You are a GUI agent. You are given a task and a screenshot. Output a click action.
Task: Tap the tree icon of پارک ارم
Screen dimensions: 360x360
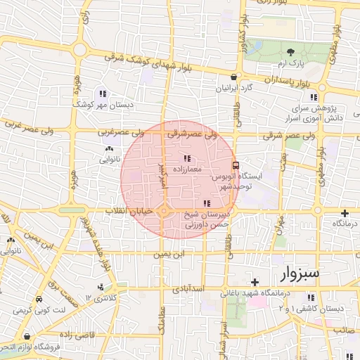pyautogui.click(x=290, y=51)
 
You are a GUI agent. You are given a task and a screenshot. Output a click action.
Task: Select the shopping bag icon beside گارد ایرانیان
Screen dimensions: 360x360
pyautogui.click(x=234, y=77)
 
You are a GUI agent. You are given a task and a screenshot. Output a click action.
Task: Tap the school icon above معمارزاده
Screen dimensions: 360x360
pyautogui.click(x=187, y=157)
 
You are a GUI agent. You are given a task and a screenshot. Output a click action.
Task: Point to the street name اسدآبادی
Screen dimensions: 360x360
pyautogui.click(x=188, y=288)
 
